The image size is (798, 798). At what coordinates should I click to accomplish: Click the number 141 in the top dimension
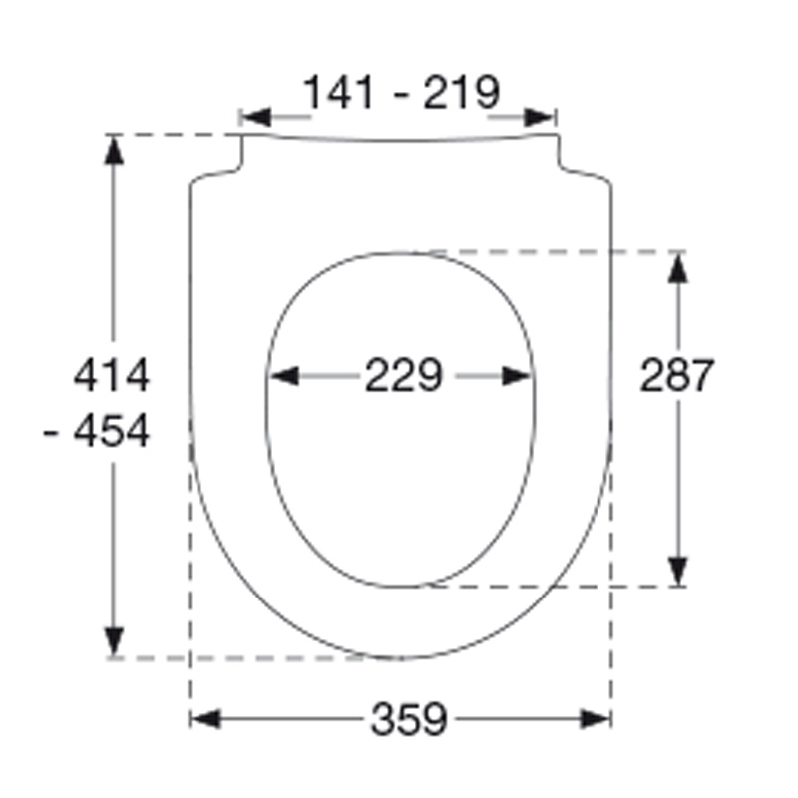338,92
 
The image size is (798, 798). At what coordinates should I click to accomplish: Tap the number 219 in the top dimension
462,92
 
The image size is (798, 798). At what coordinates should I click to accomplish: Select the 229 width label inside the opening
404,375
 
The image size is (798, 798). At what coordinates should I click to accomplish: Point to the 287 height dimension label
677,375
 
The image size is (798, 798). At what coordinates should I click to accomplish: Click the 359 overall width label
409,719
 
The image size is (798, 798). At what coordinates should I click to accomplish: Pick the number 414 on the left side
112,375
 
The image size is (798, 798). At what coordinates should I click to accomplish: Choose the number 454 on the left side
112,431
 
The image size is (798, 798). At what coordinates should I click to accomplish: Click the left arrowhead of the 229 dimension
284,376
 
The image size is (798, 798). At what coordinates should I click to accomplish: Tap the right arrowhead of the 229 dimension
517,376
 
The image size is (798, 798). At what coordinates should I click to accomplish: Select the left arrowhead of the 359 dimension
205,719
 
